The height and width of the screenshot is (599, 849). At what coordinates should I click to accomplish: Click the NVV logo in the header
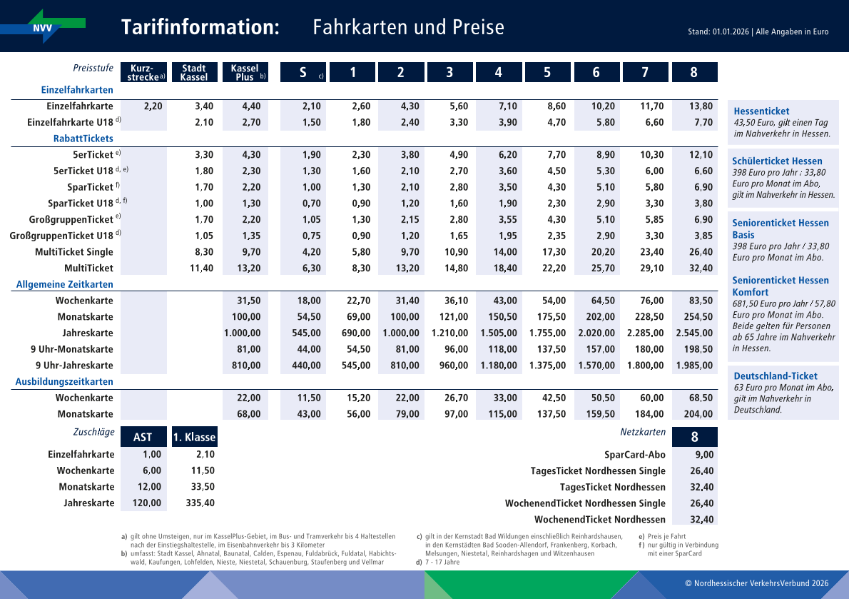click(43, 26)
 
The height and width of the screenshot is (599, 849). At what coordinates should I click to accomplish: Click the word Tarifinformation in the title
click(200, 27)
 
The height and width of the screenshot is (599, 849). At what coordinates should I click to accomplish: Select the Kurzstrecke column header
click(144, 73)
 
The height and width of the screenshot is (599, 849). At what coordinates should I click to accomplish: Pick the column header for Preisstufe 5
click(546, 73)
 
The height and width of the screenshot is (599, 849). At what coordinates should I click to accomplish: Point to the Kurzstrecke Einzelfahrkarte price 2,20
click(153, 106)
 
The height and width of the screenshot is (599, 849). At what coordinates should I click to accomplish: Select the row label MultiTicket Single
click(74, 252)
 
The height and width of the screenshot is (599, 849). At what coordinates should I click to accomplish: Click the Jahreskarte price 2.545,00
click(693, 333)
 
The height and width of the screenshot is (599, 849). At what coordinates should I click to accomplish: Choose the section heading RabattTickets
click(83, 139)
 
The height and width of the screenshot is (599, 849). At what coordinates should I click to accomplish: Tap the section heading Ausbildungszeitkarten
click(64, 382)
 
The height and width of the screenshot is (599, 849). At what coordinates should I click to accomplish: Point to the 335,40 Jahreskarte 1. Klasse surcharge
click(200, 503)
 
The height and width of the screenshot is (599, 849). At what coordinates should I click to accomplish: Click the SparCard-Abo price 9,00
click(703, 455)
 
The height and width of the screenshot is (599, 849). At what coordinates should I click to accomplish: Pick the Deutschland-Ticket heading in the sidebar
click(776, 376)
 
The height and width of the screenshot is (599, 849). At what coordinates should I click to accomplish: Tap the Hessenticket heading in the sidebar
click(761, 111)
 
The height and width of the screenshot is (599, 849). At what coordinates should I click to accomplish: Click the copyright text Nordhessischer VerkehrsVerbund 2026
click(756, 583)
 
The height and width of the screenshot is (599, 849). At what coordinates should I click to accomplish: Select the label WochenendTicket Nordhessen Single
click(585, 503)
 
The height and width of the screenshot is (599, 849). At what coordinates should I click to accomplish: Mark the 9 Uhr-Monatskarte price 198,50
click(698, 350)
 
